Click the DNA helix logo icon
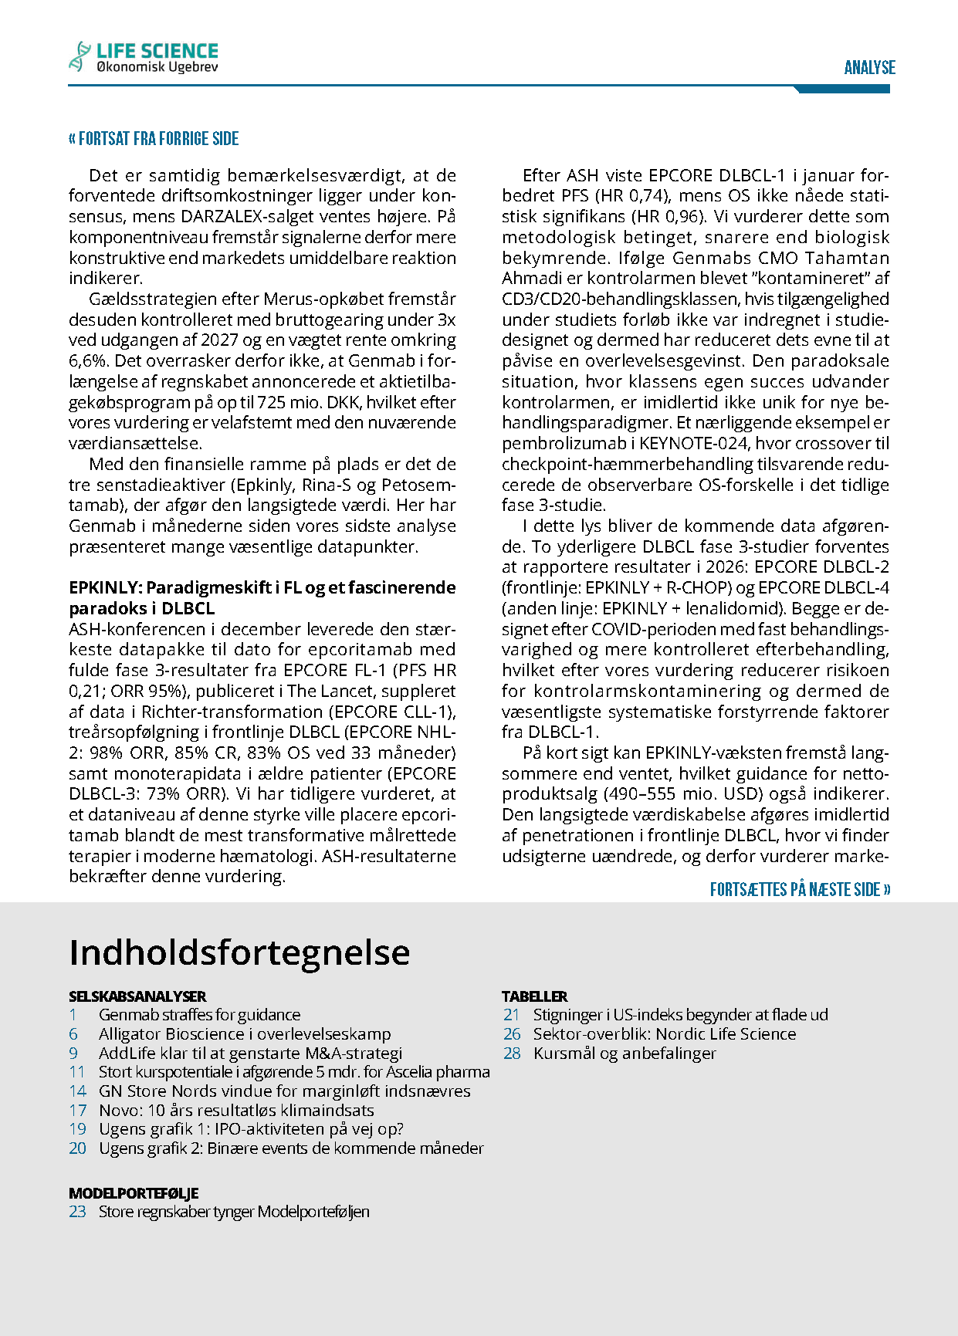[79, 56]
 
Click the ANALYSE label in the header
[869, 68]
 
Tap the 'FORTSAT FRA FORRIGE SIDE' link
[154, 139]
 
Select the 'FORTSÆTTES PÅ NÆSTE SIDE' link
[800, 890]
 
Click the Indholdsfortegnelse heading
[239, 952]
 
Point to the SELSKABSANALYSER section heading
[137, 996]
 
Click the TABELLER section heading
[534, 996]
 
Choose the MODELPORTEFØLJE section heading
[134, 1193]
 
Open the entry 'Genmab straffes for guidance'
[199, 1015]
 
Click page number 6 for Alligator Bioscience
[73, 1034]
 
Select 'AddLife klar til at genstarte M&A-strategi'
[250, 1054]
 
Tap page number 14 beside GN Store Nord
[77, 1091]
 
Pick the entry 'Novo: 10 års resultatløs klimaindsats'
[236, 1111]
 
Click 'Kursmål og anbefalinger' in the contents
[625, 1054]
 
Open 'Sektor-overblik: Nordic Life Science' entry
[664, 1034]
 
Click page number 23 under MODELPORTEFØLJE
[77, 1212]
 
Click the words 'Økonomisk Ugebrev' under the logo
[157, 68]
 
